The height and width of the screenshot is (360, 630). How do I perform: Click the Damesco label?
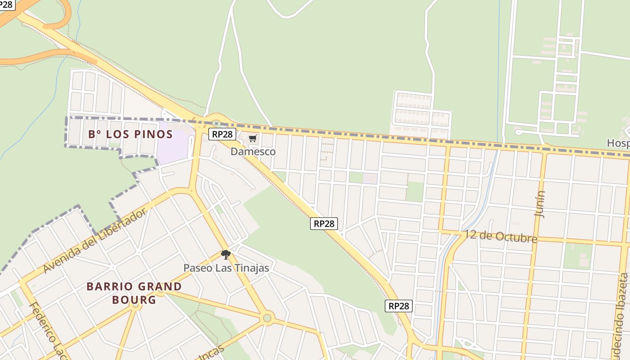click(253, 152)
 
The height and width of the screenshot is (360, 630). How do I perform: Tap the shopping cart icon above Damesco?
click(252, 139)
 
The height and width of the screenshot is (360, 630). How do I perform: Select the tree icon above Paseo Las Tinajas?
click(225, 255)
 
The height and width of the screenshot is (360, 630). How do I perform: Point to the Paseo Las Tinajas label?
click(226, 268)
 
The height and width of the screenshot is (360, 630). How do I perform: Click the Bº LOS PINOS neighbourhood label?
click(130, 134)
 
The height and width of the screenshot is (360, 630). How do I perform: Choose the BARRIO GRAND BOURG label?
click(134, 293)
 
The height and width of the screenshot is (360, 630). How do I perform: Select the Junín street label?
click(539, 204)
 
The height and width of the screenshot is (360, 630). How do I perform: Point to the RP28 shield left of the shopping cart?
click(222, 134)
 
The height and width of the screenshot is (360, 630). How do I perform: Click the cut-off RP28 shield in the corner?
click(7, 4)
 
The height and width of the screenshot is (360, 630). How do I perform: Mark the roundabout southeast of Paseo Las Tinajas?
click(267, 318)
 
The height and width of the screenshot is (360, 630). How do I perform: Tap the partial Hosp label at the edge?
click(618, 143)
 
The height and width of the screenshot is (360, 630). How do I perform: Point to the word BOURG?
click(134, 300)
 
